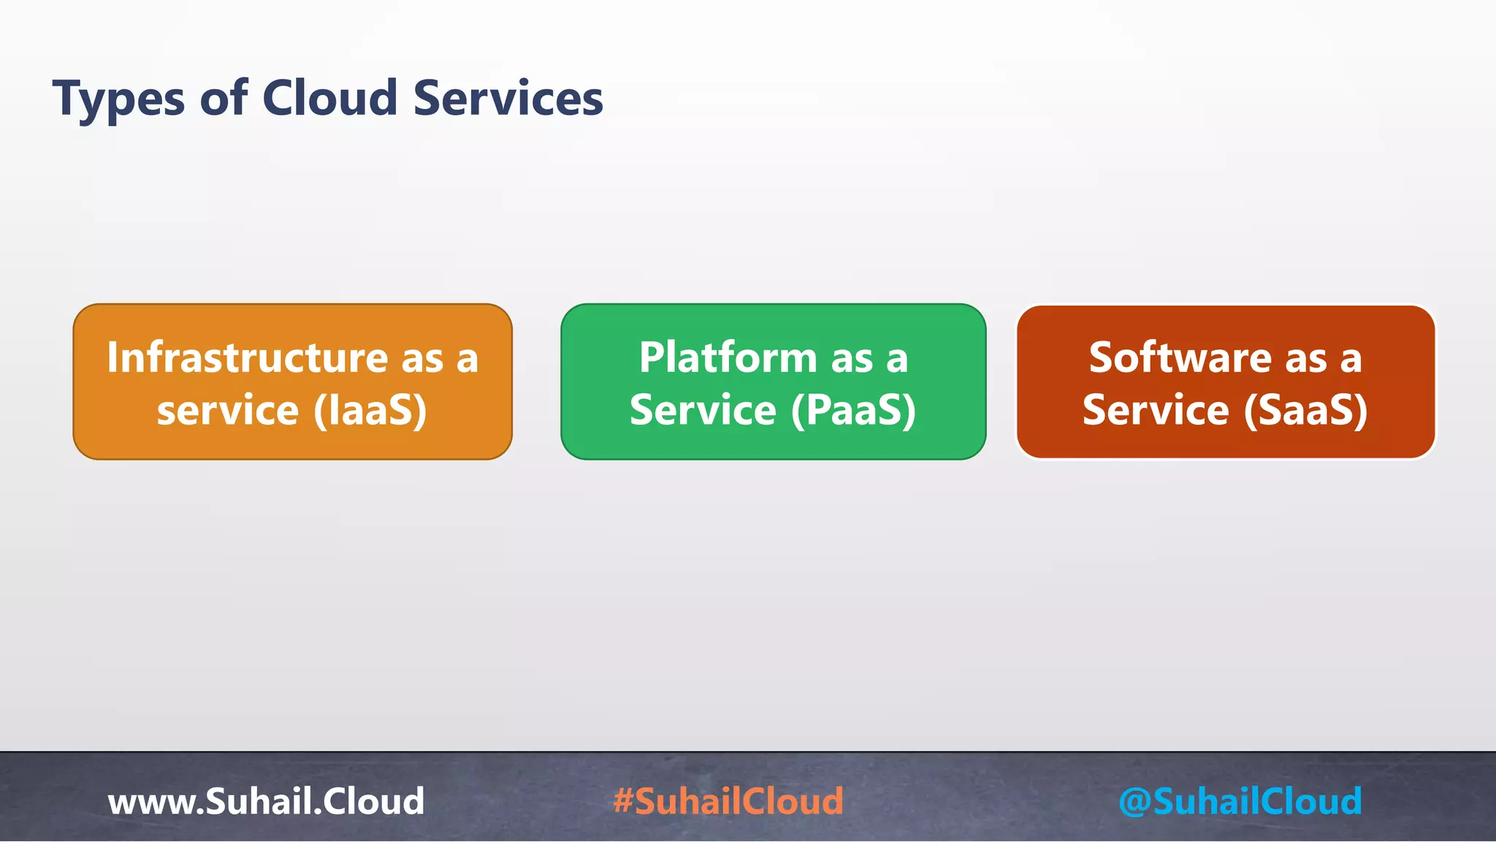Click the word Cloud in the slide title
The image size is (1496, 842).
click(329, 98)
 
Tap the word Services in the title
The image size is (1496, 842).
click(508, 98)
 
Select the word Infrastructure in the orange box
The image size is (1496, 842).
click(247, 358)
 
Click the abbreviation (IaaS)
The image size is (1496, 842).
click(370, 410)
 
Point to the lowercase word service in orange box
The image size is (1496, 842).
click(227, 410)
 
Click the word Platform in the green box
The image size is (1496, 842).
click(728, 358)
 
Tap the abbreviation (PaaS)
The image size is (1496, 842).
click(853, 410)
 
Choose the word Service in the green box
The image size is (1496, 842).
click(703, 410)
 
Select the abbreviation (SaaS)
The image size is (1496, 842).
click(1305, 410)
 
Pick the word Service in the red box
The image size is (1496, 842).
click(1156, 410)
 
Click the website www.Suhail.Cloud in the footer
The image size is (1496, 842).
click(266, 801)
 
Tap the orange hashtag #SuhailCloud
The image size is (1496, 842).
click(728, 801)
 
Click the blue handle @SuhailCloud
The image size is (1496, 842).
click(1240, 801)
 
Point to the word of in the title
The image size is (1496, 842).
click(224, 98)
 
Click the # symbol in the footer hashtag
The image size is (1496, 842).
click(622, 801)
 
